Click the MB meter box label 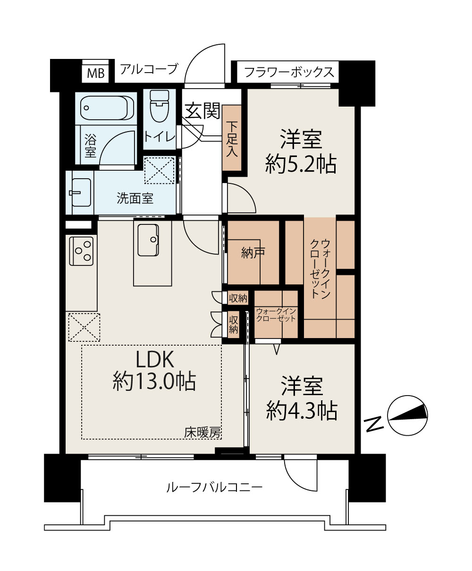96,73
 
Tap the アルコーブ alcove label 149,69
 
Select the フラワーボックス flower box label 289,72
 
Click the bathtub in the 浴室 107,108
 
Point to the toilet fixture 160,106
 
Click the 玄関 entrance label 202,111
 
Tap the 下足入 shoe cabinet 232,138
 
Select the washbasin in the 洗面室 80,192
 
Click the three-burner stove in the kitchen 81,251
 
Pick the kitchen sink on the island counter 148,240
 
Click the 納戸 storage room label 253,253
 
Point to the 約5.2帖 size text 301,164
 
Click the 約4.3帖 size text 302,411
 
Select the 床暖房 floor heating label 202,433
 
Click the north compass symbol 407,415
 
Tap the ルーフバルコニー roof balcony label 214,495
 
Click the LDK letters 155,359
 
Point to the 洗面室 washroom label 135,198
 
